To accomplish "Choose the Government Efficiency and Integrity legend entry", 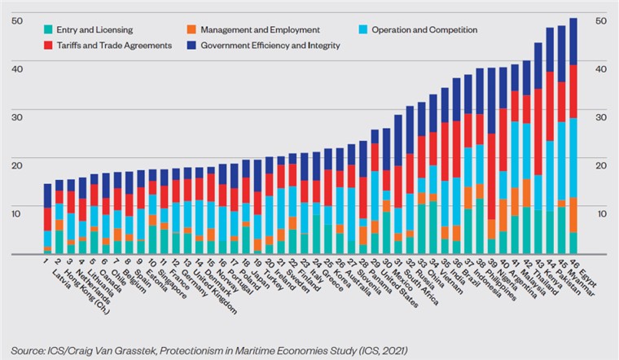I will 265,46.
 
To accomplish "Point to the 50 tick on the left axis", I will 15,20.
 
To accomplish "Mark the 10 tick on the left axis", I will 15,213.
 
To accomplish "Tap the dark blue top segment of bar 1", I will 48,195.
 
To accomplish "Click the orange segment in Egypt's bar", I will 573,215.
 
